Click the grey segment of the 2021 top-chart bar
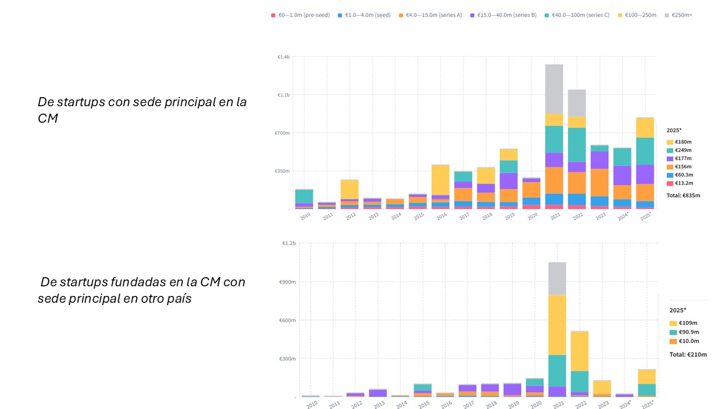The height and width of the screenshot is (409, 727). click(x=554, y=89)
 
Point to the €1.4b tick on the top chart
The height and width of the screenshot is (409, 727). click(x=283, y=57)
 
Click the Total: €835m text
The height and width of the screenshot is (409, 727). click(x=683, y=195)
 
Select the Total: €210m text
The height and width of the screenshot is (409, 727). click(x=688, y=354)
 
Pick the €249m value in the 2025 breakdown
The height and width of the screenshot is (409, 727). click(x=684, y=150)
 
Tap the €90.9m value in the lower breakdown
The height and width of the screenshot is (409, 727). click(x=688, y=332)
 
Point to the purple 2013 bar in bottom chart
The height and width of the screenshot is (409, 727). click(x=378, y=393)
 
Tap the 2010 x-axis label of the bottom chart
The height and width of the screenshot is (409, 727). click(x=312, y=404)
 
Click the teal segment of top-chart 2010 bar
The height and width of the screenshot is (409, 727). click(x=304, y=196)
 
